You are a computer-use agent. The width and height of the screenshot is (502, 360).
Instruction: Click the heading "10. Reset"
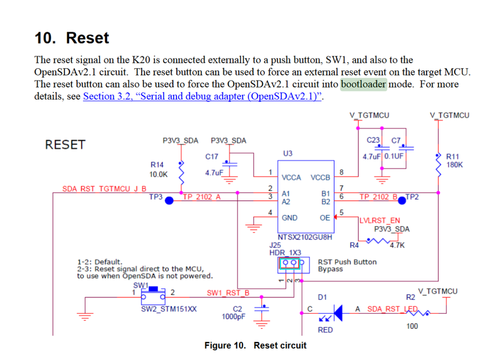(71, 38)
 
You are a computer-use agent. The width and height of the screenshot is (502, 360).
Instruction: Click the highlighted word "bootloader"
(363, 84)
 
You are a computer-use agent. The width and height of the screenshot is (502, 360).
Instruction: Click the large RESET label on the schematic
(65, 145)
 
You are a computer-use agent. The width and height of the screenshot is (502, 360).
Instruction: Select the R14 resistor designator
(157, 164)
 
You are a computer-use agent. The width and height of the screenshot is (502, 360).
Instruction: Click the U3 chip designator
(288, 153)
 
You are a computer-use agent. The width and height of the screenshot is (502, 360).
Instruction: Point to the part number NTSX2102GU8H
(305, 236)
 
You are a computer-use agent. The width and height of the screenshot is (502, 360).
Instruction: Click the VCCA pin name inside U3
(291, 178)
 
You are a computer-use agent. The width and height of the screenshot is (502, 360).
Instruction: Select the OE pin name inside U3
(325, 218)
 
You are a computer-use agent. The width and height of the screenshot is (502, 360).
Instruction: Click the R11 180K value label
(455, 165)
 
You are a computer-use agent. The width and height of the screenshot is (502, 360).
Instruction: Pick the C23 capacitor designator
(373, 141)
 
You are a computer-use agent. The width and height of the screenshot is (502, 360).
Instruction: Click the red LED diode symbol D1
(337, 313)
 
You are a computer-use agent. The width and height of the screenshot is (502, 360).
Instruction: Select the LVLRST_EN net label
(380, 220)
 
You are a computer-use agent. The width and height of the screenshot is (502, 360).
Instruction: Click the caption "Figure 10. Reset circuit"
(255, 345)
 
